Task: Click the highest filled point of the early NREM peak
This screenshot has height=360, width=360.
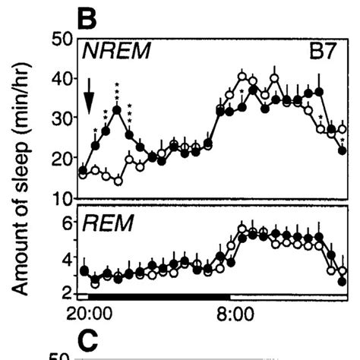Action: tap(117, 110)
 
